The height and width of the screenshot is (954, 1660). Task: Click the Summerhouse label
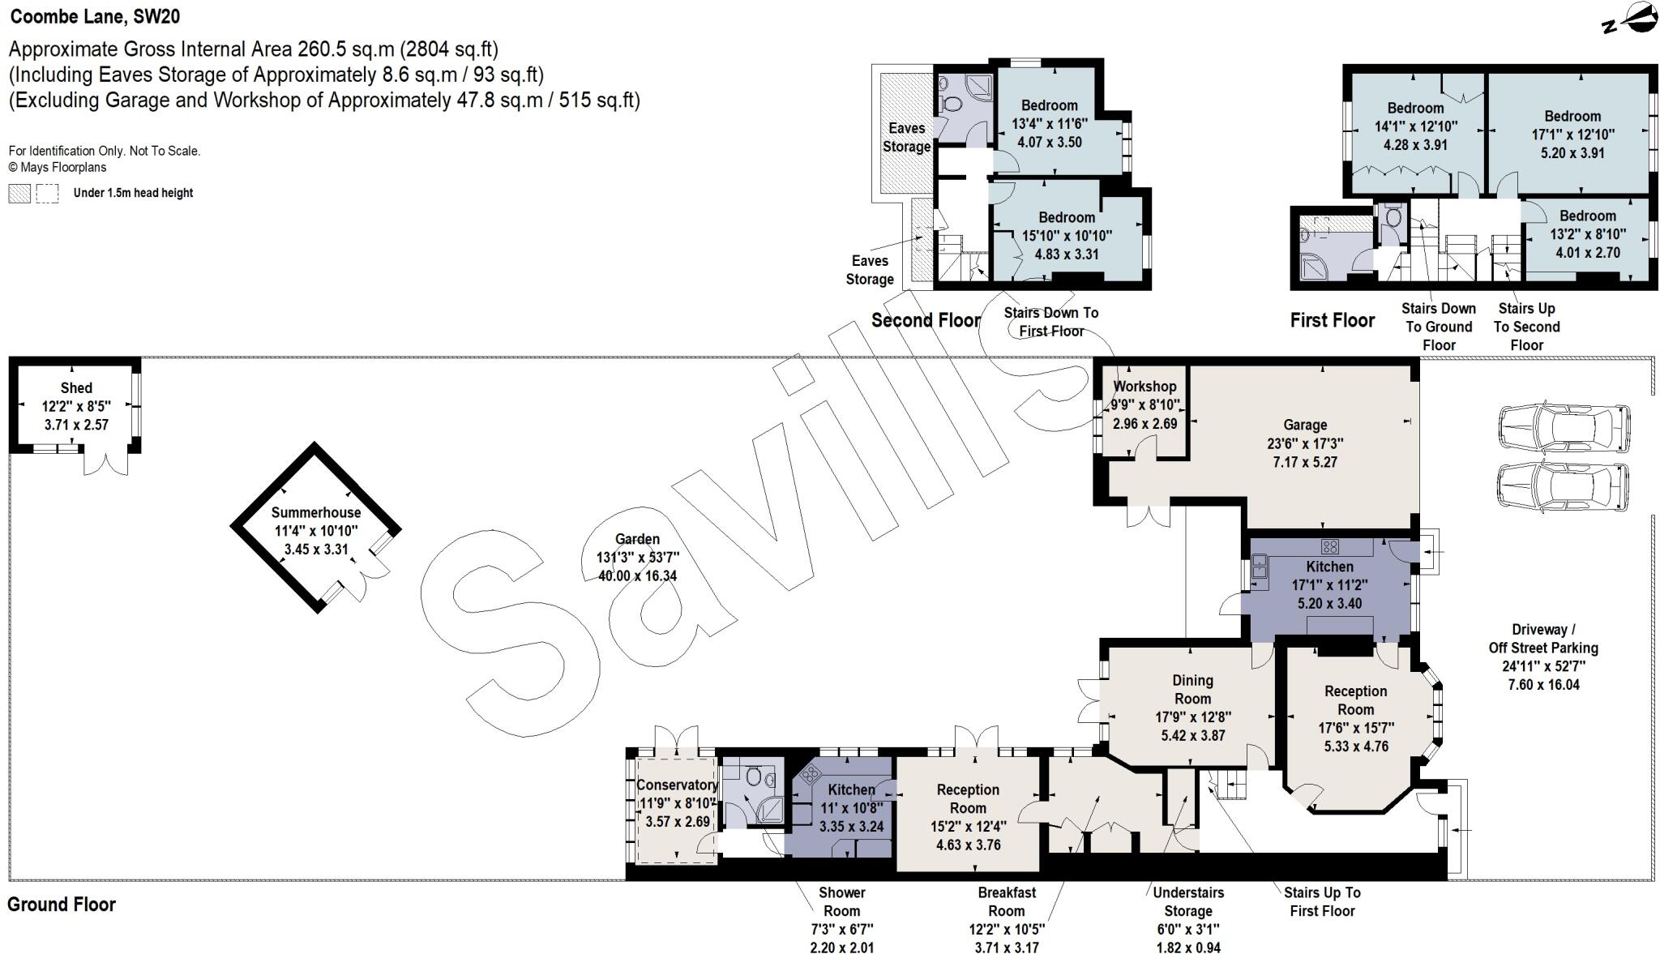tap(315, 512)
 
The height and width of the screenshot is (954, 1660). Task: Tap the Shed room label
tap(76, 388)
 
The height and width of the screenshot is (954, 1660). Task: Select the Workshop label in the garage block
tap(1144, 387)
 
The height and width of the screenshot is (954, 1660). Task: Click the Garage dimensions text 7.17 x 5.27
tap(1305, 462)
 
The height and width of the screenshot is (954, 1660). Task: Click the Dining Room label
tap(1192, 690)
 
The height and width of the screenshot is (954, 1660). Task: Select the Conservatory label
tap(677, 785)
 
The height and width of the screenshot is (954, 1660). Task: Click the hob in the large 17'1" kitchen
tap(1330, 546)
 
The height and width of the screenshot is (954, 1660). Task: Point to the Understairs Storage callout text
tap(1187, 901)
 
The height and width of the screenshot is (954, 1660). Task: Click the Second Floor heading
tap(926, 320)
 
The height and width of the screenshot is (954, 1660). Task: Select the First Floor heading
tap(1332, 320)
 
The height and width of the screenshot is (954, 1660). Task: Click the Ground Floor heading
tap(62, 905)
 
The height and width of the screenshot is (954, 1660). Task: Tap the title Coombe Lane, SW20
tap(95, 15)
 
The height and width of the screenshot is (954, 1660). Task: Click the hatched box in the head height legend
tap(19, 193)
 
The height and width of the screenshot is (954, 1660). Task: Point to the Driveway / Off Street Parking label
tap(1542, 639)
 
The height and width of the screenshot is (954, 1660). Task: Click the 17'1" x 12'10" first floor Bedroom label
tap(1572, 116)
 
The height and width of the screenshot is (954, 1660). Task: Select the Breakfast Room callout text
tap(1007, 901)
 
